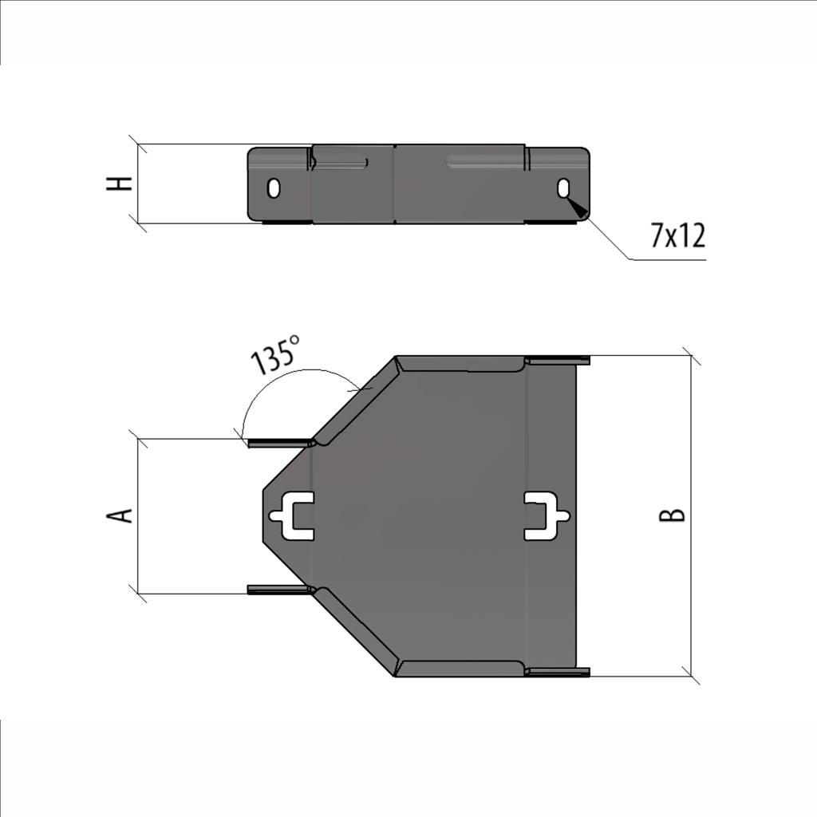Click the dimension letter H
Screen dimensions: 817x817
(x=120, y=184)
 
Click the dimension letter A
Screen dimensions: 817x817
(x=120, y=515)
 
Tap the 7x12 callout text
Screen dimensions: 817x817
(x=677, y=236)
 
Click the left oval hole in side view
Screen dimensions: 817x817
(x=274, y=188)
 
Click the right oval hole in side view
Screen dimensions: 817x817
(x=563, y=188)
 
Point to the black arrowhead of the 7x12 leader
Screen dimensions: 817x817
(x=578, y=208)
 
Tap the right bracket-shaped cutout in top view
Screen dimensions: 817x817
(x=546, y=515)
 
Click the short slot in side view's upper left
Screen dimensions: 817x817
(x=341, y=164)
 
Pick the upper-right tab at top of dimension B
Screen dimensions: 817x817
(x=558, y=361)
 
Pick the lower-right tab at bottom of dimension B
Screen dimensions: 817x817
(x=558, y=672)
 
